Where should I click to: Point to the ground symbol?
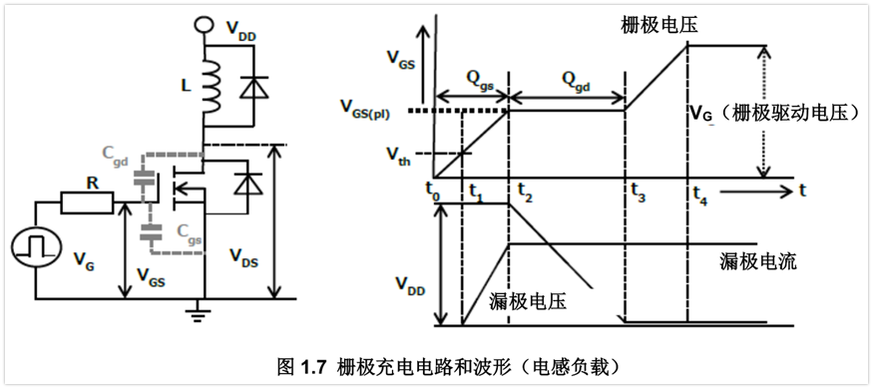click(x=204, y=316)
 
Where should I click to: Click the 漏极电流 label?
click(x=755, y=262)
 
